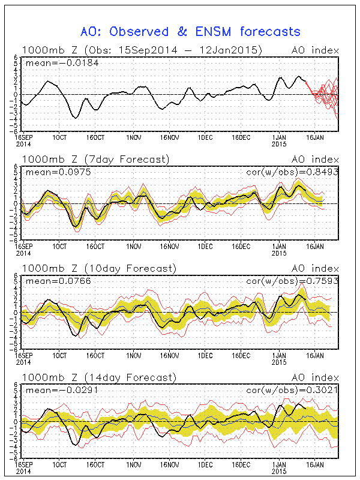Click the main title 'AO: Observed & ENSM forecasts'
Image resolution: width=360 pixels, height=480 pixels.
pyautogui.click(x=190, y=31)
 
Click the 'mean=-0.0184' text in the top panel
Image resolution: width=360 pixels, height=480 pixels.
pyautogui.click(x=53, y=62)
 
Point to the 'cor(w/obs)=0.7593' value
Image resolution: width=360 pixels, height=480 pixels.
pyautogui.click(x=293, y=280)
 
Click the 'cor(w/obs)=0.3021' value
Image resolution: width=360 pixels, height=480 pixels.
pyautogui.click(x=293, y=389)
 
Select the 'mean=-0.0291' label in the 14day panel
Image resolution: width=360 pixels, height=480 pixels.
pyautogui.click(x=53, y=389)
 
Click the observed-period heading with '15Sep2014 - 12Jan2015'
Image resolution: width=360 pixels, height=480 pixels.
pyautogui.click(x=142, y=50)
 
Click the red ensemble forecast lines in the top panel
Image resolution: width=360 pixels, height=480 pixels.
pyautogui.click(x=324, y=96)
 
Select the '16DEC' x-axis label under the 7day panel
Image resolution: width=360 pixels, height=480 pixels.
pyautogui.click(x=241, y=245)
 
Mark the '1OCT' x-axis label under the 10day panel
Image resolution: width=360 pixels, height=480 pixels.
pyautogui.click(x=59, y=355)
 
